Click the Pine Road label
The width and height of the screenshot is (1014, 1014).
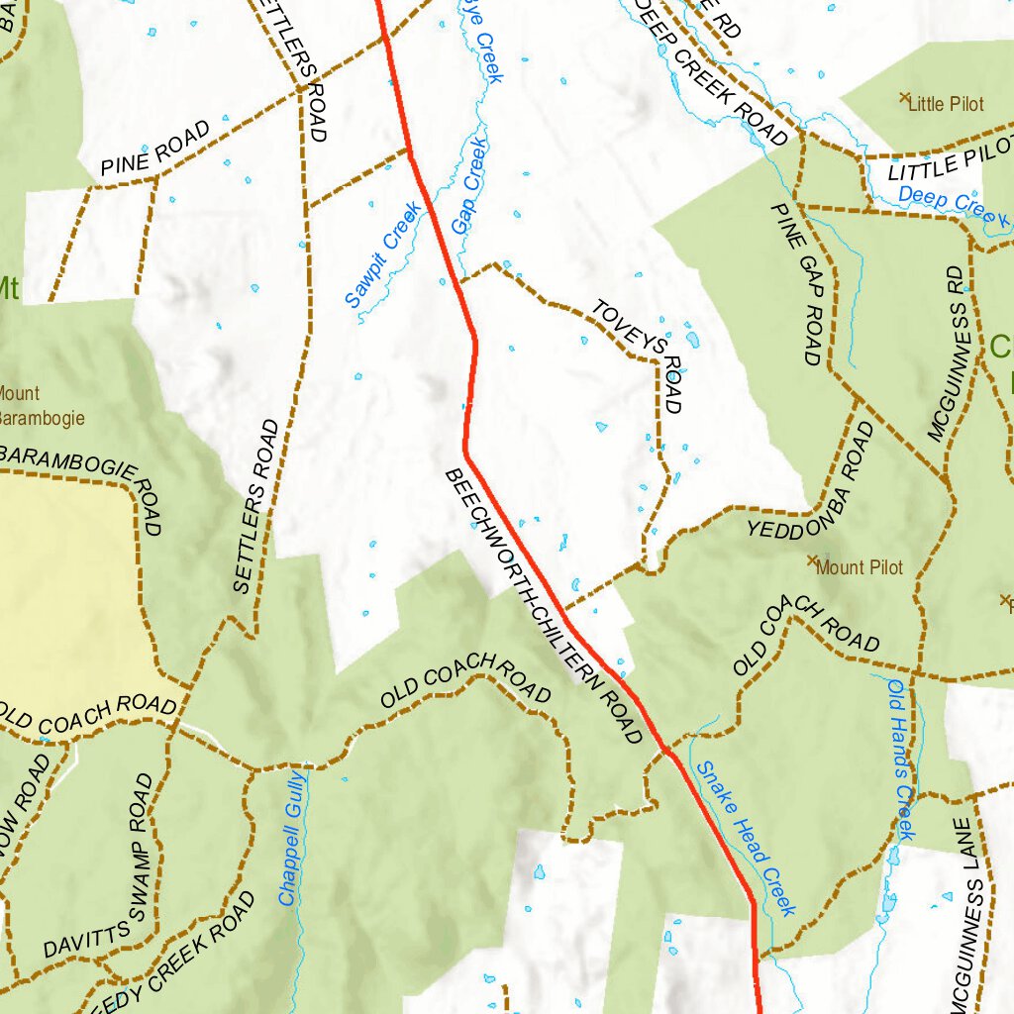[x=155, y=149]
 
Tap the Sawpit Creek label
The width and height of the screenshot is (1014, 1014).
[x=383, y=256]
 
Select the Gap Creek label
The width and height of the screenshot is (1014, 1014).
[x=470, y=187]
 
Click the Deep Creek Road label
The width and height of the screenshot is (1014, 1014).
[x=714, y=74]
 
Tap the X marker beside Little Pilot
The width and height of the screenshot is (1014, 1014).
[x=903, y=98]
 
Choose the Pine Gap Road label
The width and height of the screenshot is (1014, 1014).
[x=797, y=284]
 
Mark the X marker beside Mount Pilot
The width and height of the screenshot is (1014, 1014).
[x=813, y=561]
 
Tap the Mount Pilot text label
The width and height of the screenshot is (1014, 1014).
[x=860, y=567]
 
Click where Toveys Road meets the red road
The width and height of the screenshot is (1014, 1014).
[x=461, y=281]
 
